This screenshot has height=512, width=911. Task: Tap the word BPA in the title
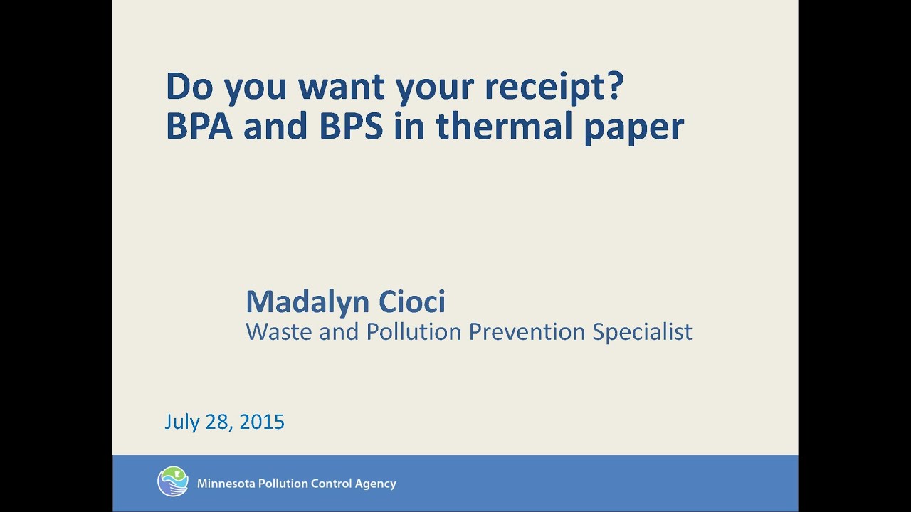click(198, 127)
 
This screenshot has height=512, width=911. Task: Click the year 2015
click(262, 422)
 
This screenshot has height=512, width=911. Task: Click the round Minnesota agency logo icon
click(173, 482)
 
